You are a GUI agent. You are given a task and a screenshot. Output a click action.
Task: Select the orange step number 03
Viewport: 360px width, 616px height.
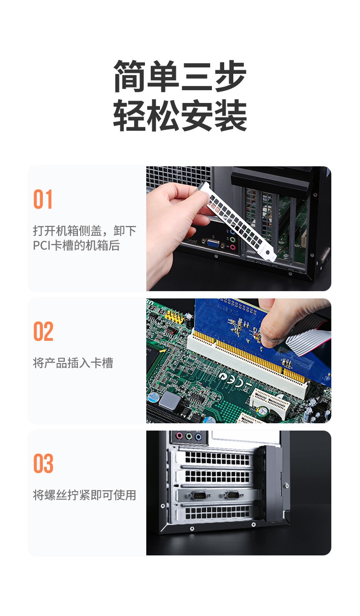point(43,463)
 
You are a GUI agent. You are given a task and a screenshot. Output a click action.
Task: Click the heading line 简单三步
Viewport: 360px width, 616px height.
point(180,76)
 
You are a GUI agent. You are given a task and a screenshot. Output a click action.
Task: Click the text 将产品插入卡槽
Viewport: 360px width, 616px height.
point(73,363)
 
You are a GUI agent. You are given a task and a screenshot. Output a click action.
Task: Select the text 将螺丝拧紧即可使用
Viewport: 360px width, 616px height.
point(85,495)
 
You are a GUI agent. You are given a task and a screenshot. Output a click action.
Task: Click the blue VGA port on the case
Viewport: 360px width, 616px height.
point(213,243)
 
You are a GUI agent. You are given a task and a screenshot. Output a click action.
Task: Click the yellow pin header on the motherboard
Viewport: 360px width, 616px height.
point(173,317)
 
